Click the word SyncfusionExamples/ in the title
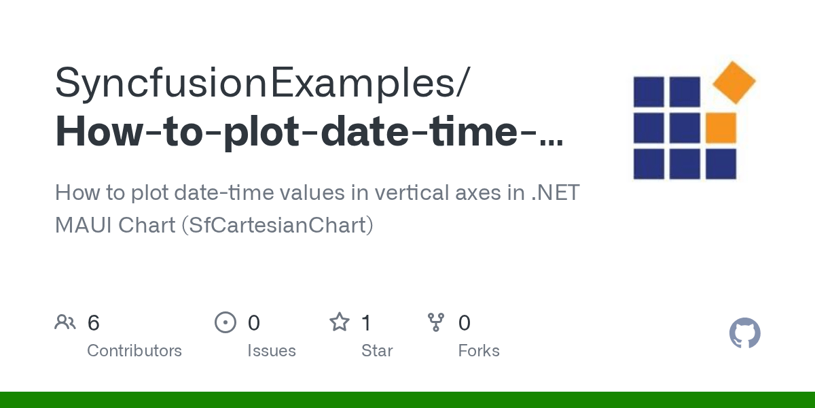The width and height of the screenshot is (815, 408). [261, 83]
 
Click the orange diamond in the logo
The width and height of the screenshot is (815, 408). [733, 82]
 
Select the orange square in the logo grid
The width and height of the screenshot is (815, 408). [721, 128]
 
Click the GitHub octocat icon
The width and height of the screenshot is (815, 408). [744, 334]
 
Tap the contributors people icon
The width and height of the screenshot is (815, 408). [65, 322]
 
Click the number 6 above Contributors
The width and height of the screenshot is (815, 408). [94, 323]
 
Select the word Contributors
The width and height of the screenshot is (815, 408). [134, 351]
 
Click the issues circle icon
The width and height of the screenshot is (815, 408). [225, 322]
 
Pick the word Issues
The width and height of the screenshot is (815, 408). [272, 351]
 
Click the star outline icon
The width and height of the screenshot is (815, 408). [339, 322]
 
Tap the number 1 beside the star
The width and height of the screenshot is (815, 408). [367, 323]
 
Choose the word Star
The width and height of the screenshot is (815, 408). [377, 351]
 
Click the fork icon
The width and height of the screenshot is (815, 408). [435, 322]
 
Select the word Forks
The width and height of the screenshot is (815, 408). [479, 351]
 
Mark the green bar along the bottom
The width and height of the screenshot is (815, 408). [407, 400]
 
